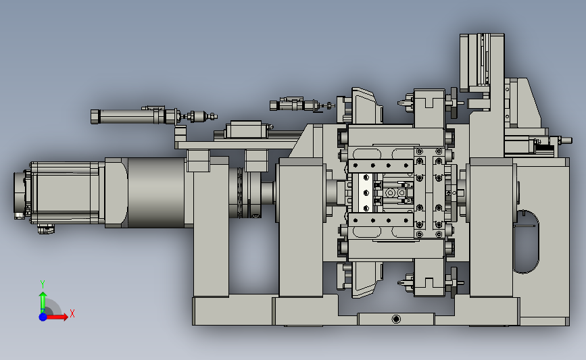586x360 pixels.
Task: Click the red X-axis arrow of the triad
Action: tap(56, 317)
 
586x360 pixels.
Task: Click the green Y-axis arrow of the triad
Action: tap(43, 303)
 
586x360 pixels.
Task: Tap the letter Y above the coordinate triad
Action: tap(42, 284)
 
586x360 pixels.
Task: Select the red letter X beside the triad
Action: tap(72, 313)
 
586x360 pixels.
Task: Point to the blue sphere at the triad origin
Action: tap(43, 317)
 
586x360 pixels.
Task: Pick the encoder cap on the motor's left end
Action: tap(20, 195)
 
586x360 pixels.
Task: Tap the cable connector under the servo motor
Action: tap(45, 228)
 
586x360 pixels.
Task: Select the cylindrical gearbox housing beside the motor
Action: tap(156, 192)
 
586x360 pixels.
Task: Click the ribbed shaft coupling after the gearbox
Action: tap(239, 192)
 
